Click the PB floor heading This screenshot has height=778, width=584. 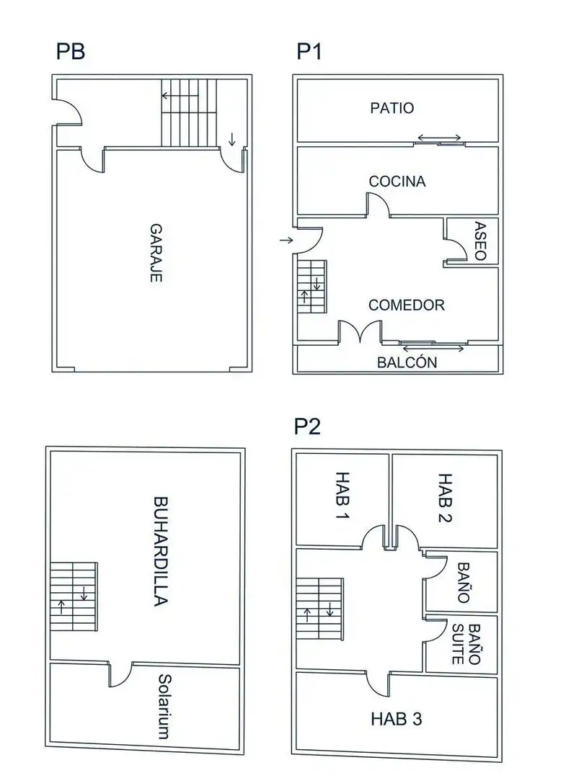click(x=71, y=52)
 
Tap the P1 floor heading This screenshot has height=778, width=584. click(x=309, y=52)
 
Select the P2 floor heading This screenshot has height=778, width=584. click(x=307, y=426)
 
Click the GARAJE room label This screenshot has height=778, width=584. click(x=156, y=253)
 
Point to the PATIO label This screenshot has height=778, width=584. click(x=391, y=108)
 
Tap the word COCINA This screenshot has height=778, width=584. click(x=397, y=182)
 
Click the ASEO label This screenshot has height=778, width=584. click(x=480, y=241)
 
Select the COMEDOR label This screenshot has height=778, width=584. click(x=406, y=305)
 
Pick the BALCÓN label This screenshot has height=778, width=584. click(x=407, y=362)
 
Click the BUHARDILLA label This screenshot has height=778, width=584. click(x=160, y=551)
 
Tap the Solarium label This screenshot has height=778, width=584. click(x=165, y=707)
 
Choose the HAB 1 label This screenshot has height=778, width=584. click(x=342, y=495)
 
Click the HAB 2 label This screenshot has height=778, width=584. click(x=445, y=498)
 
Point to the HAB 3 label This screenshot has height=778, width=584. click(x=397, y=719)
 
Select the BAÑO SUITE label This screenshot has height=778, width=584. click(x=466, y=644)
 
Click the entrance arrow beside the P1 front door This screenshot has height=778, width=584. click(x=286, y=240)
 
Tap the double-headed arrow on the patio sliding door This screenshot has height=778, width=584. click(x=439, y=138)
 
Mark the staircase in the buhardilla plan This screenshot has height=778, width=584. click(x=74, y=596)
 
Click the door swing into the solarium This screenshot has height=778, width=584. click(x=120, y=675)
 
